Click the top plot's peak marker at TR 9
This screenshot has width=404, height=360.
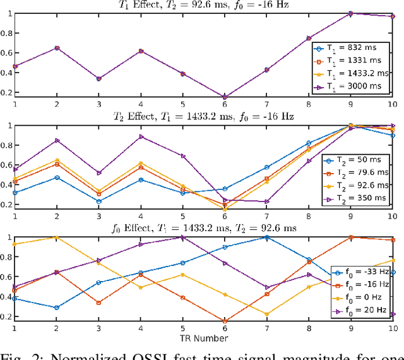(350, 13)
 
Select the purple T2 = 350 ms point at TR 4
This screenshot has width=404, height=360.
(141, 136)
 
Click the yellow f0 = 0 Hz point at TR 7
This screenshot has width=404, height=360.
(266, 314)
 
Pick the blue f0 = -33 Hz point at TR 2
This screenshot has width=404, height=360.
(57, 308)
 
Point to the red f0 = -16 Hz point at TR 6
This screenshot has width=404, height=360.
(225, 321)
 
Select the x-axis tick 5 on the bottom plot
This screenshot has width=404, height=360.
(182, 329)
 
